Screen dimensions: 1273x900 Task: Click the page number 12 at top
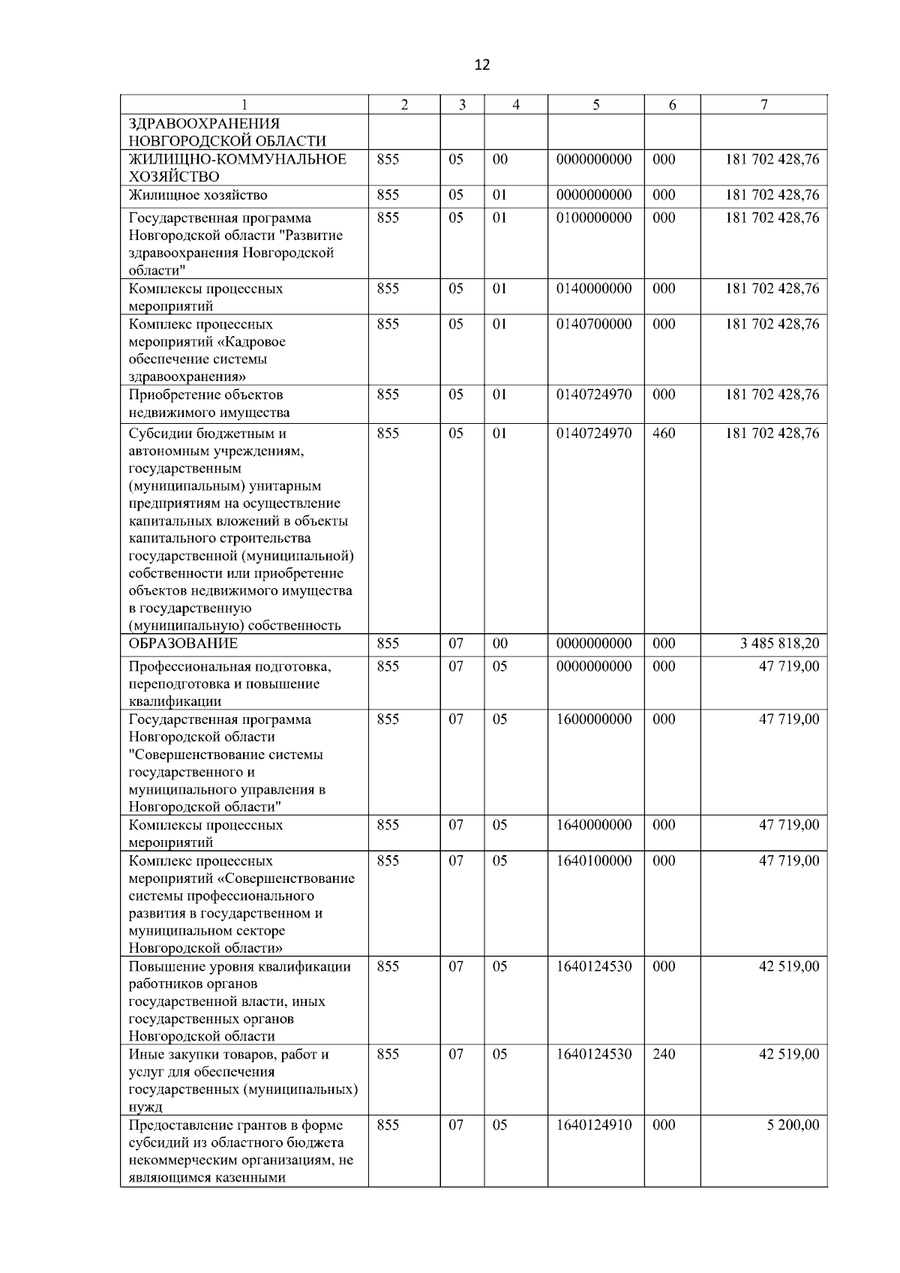(x=482, y=65)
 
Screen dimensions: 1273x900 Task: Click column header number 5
(x=595, y=105)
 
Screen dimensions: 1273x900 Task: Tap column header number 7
(x=763, y=105)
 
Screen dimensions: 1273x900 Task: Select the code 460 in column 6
(x=664, y=434)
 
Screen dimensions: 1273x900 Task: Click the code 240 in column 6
(x=664, y=1054)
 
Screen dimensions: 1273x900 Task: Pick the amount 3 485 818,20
(x=779, y=644)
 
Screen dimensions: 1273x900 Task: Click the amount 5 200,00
(x=793, y=1124)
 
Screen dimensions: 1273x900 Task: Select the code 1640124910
(x=594, y=1124)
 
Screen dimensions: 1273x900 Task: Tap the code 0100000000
(x=594, y=218)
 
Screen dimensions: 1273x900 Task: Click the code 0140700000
(x=594, y=324)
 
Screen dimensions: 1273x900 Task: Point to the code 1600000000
(x=594, y=719)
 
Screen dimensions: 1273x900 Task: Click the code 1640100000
(x=594, y=860)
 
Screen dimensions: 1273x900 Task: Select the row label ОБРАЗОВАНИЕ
(x=183, y=644)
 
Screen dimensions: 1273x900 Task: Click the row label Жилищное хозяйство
(x=198, y=195)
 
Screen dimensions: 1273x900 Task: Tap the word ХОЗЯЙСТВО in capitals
(x=174, y=177)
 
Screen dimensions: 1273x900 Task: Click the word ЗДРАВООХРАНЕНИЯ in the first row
(x=204, y=124)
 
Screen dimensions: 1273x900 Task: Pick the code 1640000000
(x=594, y=825)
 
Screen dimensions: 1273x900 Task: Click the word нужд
(x=145, y=1106)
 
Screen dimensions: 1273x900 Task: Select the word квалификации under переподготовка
(x=175, y=701)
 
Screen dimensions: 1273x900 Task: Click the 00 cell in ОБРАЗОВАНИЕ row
(x=499, y=644)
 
